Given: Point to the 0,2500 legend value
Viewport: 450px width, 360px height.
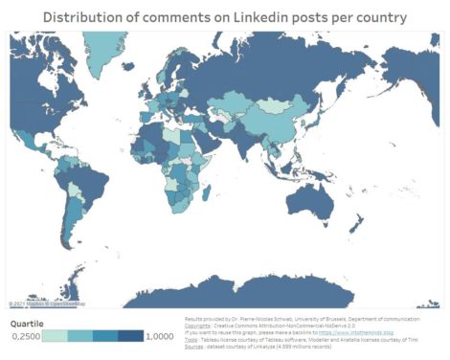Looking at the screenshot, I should point(26,337).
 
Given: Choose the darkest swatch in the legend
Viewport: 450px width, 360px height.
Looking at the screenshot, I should point(130,337).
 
